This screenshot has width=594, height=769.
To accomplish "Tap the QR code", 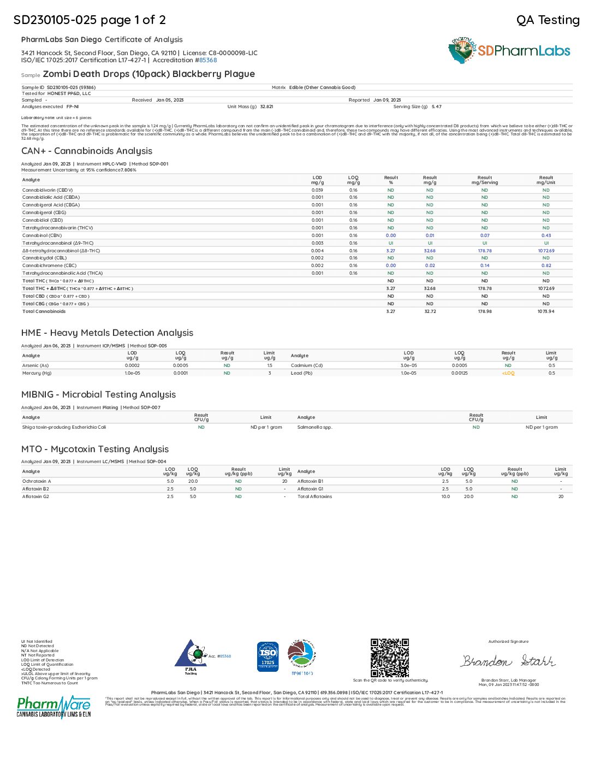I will [x=389, y=658].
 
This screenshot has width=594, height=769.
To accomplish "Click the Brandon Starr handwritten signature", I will [x=508, y=661].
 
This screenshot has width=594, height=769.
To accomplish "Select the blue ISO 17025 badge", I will [x=268, y=656].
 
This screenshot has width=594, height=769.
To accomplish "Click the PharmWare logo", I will [x=54, y=707].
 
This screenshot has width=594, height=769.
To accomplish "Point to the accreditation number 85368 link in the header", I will [x=208, y=60].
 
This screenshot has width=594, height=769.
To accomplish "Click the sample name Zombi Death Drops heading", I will [x=148, y=74].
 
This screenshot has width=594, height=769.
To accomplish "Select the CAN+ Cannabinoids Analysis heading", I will [x=87, y=151].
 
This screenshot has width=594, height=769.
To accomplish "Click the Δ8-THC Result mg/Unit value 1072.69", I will [x=546, y=251].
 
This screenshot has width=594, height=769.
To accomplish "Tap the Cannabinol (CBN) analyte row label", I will [x=42, y=235].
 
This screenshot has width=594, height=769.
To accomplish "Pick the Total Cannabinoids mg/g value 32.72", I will [x=430, y=311].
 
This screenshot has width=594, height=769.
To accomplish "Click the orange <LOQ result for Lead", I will [x=508, y=373].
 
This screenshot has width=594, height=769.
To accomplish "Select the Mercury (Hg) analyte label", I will [x=37, y=373].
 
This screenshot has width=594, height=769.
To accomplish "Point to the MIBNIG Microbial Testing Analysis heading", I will [x=98, y=394].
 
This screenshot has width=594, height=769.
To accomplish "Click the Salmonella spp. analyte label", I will [x=314, y=427].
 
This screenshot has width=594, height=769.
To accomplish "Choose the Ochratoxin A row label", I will [x=37, y=481].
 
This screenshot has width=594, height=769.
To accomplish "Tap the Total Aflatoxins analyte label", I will [x=314, y=496].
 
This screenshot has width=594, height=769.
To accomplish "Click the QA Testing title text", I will [x=548, y=20].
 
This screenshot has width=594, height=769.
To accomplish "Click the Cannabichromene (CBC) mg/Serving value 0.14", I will [x=485, y=265].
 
